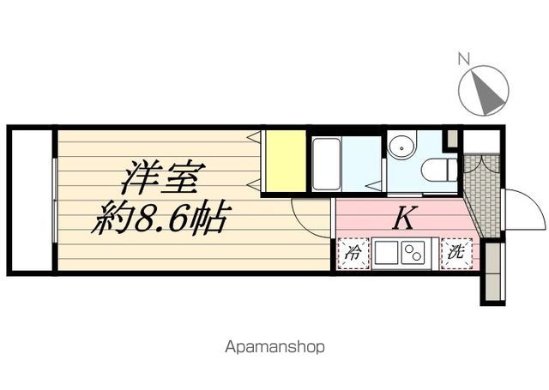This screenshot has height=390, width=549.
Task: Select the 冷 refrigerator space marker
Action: coord(352,254)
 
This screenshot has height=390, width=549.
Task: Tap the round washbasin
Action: coord(401,146)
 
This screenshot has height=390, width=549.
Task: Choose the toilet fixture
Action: coord(439,168)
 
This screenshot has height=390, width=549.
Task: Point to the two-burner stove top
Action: coord(413,254)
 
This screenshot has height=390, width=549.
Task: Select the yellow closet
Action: coord(285,160)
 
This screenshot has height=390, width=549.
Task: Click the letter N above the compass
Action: coord(463,59)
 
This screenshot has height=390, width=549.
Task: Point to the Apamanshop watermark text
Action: coord(274,348)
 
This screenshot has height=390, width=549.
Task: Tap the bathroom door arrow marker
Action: coord(371,185)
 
